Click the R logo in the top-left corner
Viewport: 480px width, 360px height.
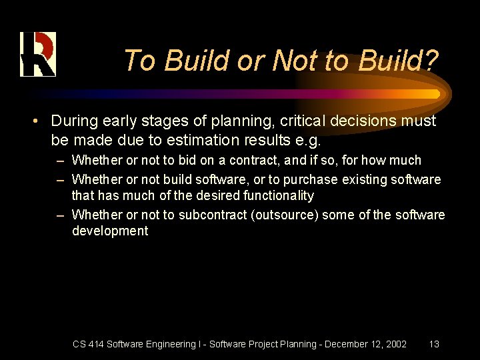37,54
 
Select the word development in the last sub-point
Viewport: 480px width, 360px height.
110,231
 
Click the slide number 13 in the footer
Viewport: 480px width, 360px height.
434,344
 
